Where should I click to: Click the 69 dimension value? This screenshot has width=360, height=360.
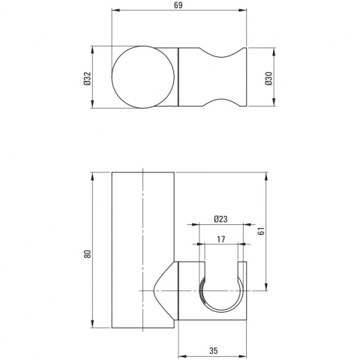pyautogui.click(x=178, y=5)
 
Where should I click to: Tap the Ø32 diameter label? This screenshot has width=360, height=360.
pyautogui.click(x=88, y=78)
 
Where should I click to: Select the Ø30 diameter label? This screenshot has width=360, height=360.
pyautogui.click(x=269, y=78)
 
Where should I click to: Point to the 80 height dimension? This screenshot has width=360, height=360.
pyautogui.click(x=88, y=253)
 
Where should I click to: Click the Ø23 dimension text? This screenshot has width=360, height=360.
pyautogui.click(x=221, y=219)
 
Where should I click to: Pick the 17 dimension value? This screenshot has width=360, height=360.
pyautogui.click(x=221, y=239)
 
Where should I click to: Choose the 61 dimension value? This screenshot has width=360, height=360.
pyautogui.click(x=261, y=231)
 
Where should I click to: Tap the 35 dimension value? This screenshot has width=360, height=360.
pyautogui.click(x=213, y=351)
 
